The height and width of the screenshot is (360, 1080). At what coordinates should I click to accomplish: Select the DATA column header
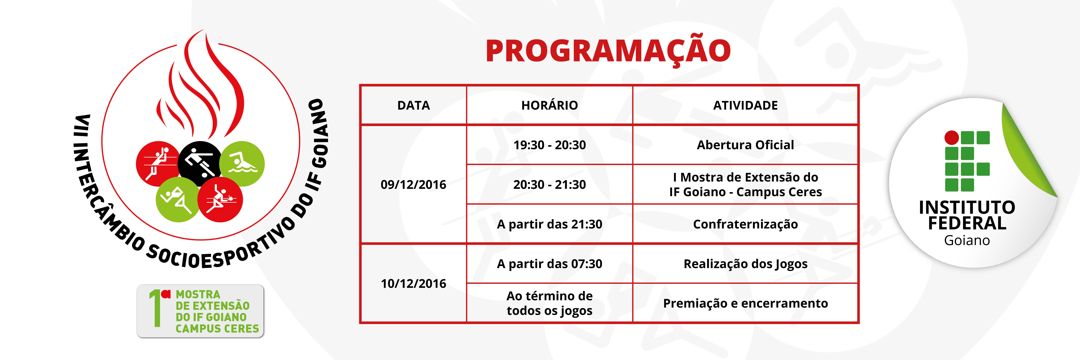point(413,105)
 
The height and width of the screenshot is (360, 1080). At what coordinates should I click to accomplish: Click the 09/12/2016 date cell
point(413,184)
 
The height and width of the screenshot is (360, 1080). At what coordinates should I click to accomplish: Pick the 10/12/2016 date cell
point(413,283)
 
